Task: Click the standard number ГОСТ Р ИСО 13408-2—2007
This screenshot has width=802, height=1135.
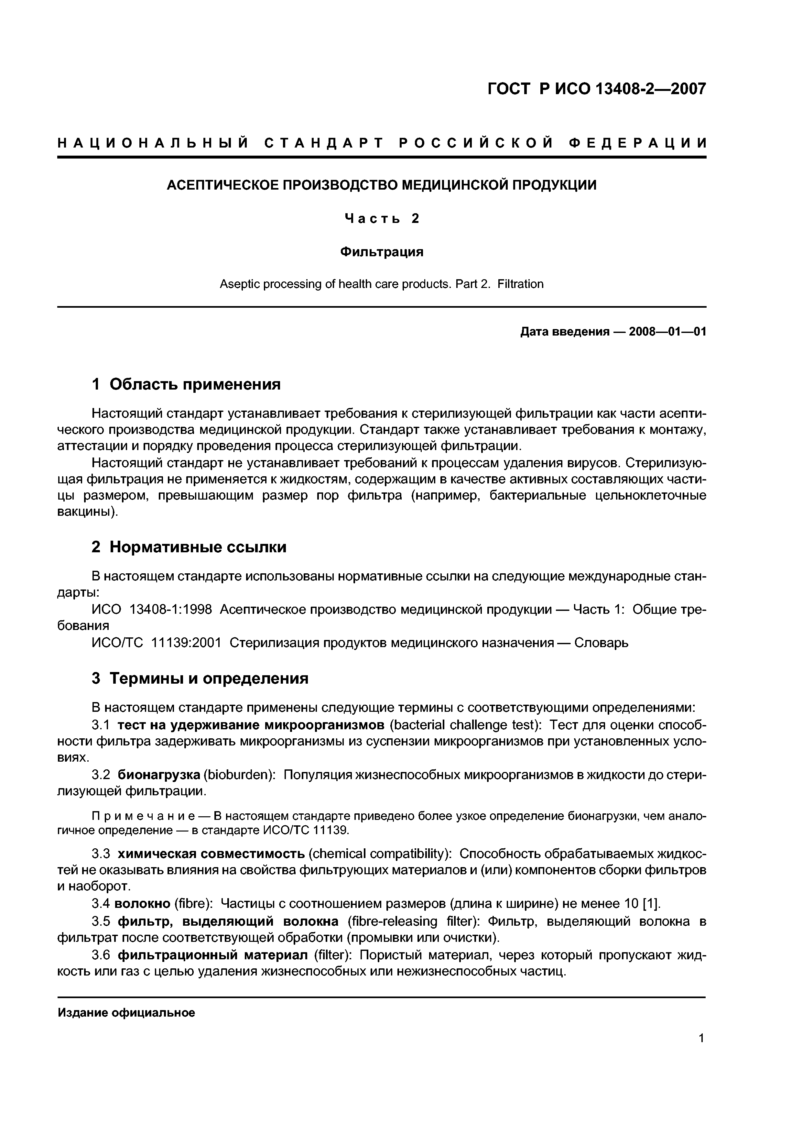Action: coord(596,89)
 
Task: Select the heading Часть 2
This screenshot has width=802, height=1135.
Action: coord(382,218)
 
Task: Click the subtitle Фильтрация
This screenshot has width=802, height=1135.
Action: coord(382,252)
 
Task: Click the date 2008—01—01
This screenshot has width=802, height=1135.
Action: coord(667,332)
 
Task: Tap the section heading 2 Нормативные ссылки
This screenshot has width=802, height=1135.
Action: coord(189,547)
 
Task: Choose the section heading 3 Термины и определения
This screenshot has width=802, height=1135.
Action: coord(200,678)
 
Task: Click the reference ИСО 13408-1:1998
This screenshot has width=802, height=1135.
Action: coord(152,610)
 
